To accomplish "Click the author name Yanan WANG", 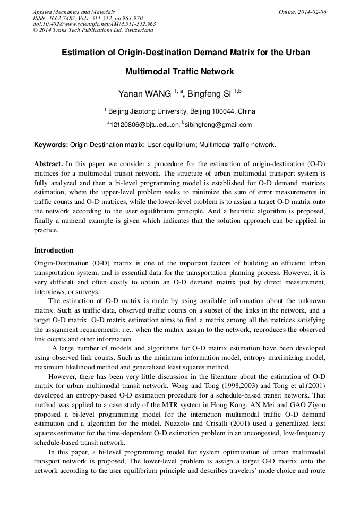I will coord(144,94).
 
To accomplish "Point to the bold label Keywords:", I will coord(51,144).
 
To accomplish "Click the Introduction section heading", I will coord(54,250).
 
